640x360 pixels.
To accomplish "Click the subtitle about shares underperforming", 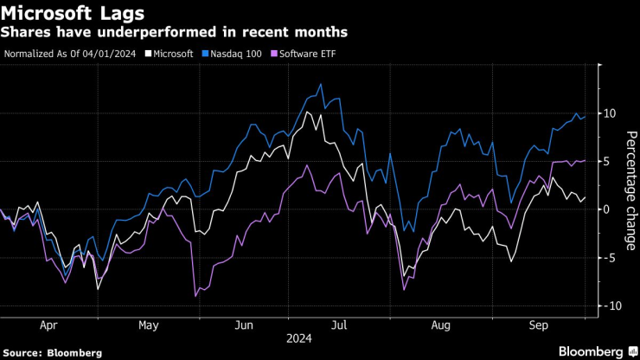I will coord(176,32).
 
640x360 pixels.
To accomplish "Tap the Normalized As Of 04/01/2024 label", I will coord(71,54).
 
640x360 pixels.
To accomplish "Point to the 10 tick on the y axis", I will coord(609,113).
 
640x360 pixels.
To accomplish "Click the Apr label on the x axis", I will coord(48,325).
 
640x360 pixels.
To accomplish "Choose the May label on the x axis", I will coord(148,325).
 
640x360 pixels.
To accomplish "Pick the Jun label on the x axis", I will coord(245,325).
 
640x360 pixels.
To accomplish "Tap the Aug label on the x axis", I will coord(440,325).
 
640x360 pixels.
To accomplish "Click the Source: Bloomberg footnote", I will coord(53,353).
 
